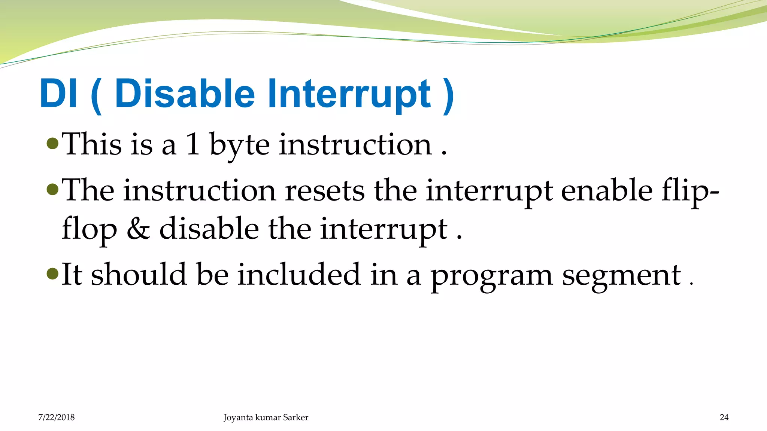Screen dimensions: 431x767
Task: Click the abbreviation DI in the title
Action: pos(58,94)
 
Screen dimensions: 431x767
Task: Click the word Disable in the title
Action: pos(185,94)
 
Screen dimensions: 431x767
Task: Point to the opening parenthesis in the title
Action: pos(96,95)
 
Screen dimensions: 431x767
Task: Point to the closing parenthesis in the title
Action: pos(448,95)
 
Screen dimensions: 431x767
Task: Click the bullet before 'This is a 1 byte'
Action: pos(53,143)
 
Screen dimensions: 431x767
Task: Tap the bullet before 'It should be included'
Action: pos(53,274)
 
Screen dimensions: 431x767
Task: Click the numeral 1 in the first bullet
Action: pos(193,144)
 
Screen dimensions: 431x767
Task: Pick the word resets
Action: pos(324,191)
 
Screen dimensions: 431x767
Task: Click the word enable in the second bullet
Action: pos(607,191)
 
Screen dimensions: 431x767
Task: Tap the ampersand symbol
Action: pos(138,229)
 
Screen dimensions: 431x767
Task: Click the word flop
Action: pos(89,230)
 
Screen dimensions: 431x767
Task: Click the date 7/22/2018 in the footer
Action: pos(56,417)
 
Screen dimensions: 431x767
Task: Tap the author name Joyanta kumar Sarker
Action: pos(266,417)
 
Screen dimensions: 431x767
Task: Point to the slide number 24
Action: pos(724,417)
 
